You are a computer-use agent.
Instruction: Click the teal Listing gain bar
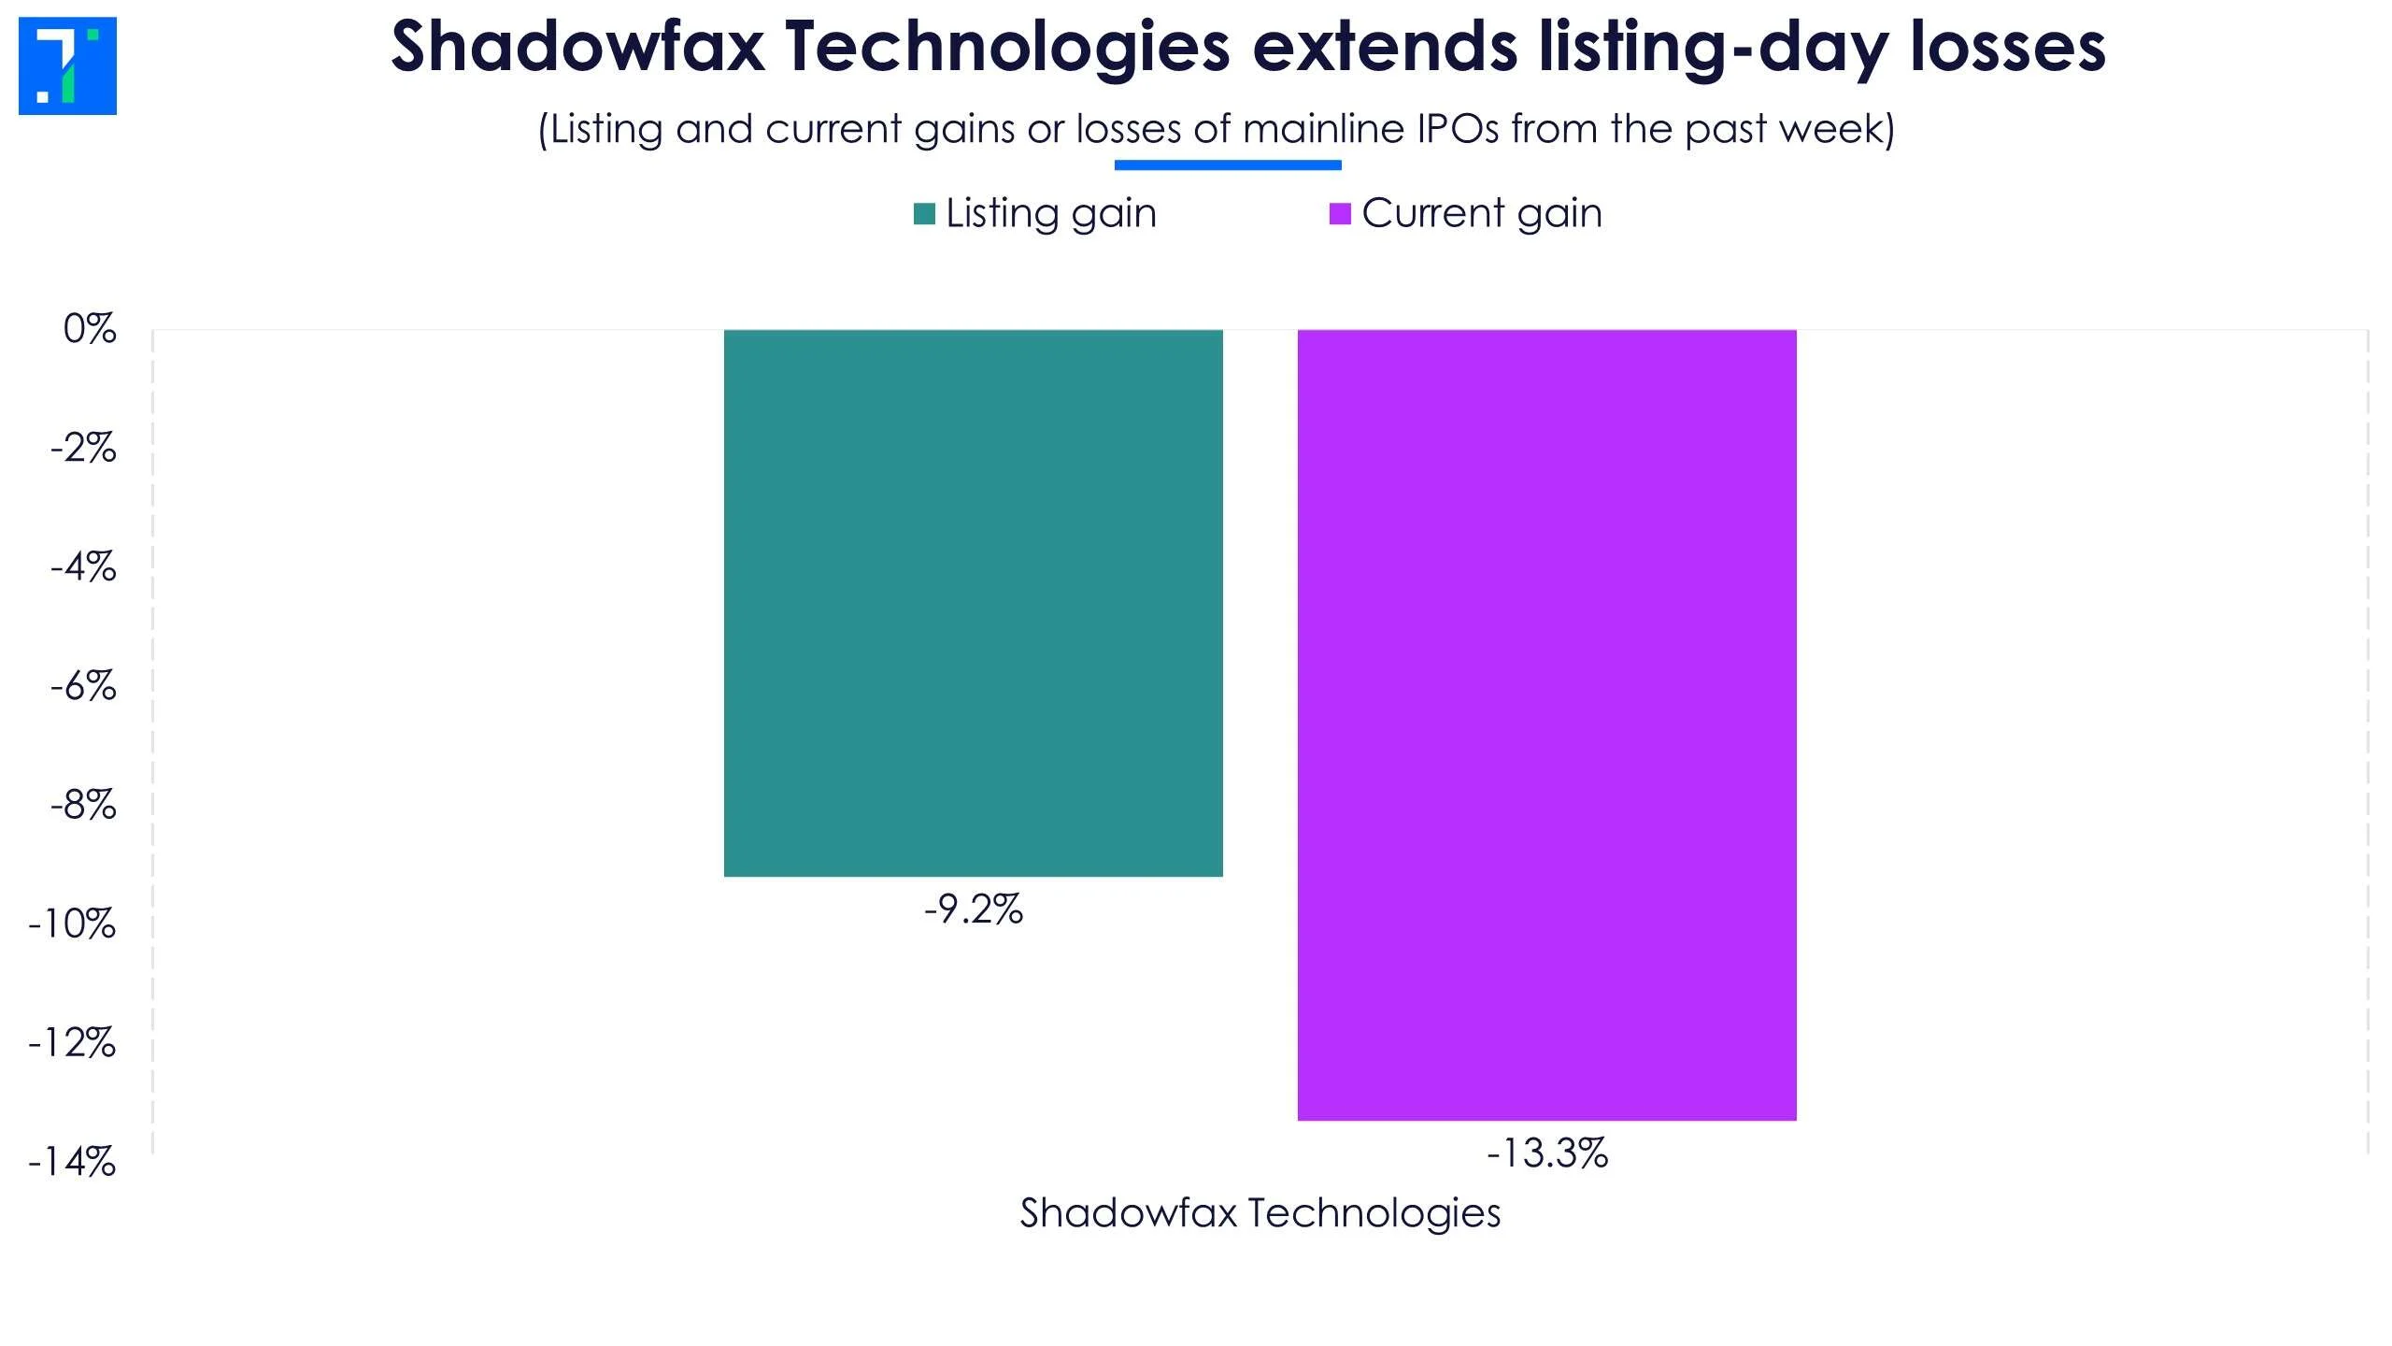point(973,603)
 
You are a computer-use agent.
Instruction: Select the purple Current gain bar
point(1546,724)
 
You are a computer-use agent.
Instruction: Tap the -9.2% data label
point(973,909)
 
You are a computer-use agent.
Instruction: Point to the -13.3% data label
point(1546,1153)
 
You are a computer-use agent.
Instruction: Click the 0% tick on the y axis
point(90,329)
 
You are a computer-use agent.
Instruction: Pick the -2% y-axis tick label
point(83,449)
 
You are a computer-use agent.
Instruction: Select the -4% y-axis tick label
point(83,567)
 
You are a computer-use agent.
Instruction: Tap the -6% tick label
point(83,687)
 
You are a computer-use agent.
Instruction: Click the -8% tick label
point(83,805)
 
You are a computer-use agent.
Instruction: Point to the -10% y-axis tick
point(72,924)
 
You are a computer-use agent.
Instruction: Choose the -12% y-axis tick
point(72,1043)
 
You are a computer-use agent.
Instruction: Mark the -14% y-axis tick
point(72,1163)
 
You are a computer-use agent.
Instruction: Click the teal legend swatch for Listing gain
point(924,214)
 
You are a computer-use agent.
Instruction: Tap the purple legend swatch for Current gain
point(1340,214)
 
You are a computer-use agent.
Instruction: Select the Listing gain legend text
point(1051,213)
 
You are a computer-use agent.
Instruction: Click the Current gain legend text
point(1482,213)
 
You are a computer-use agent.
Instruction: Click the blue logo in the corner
point(67,65)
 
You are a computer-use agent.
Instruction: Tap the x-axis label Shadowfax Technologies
point(1260,1213)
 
